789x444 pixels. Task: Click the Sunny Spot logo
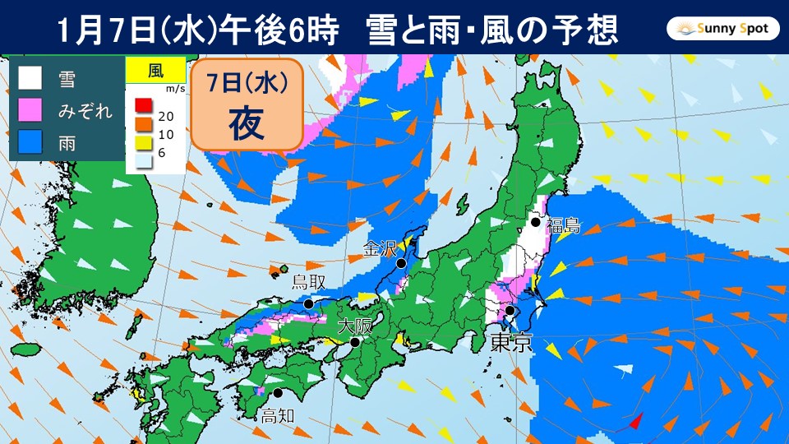[x=722, y=30]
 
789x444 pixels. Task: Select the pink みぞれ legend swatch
[x=30, y=109]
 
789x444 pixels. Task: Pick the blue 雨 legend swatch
[x=30, y=141]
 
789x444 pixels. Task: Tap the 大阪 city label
[x=355, y=326]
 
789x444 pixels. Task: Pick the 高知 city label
[x=276, y=415]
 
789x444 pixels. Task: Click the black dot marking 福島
[x=535, y=222]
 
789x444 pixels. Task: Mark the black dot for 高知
[x=278, y=393]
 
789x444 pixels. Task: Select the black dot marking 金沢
[x=400, y=264]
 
